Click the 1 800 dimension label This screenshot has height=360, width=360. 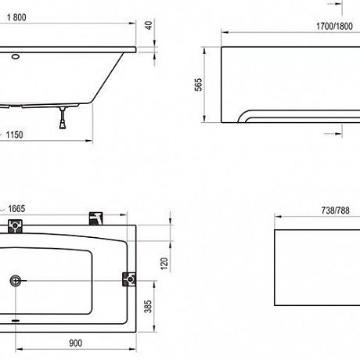pyautogui.click(x=16, y=17)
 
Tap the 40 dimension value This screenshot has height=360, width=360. pyautogui.click(x=149, y=25)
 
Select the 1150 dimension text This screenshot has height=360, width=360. pyautogui.click(x=14, y=135)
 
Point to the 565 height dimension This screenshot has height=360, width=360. pyautogui.click(x=199, y=85)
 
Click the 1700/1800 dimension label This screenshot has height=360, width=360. pyautogui.click(x=334, y=26)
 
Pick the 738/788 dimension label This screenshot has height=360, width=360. pyautogui.click(x=335, y=211)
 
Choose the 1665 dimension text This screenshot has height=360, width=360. pyautogui.click(x=16, y=209)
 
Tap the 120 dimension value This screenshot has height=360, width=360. pyautogui.click(x=164, y=264)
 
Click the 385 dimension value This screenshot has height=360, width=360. pyautogui.click(x=148, y=307)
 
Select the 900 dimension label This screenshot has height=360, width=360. pyautogui.click(x=76, y=343)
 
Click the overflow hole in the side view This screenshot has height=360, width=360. pyautogui.click(x=16, y=56)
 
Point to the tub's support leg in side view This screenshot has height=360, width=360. pyautogui.click(x=63, y=117)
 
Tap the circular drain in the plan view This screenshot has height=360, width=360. pyautogui.click(x=16, y=281)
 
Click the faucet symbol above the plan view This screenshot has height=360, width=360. pyautogui.click(x=95, y=218)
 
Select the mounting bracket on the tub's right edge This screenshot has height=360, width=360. pyautogui.click(x=129, y=279)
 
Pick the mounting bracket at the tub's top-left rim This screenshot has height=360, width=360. pyautogui.click(x=15, y=226)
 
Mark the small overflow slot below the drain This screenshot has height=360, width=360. pyautogui.click(x=16, y=319)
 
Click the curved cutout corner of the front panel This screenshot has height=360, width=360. pyautogui.click(x=242, y=115)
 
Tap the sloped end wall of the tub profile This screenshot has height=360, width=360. pyautogui.click(x=108, y=77)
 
